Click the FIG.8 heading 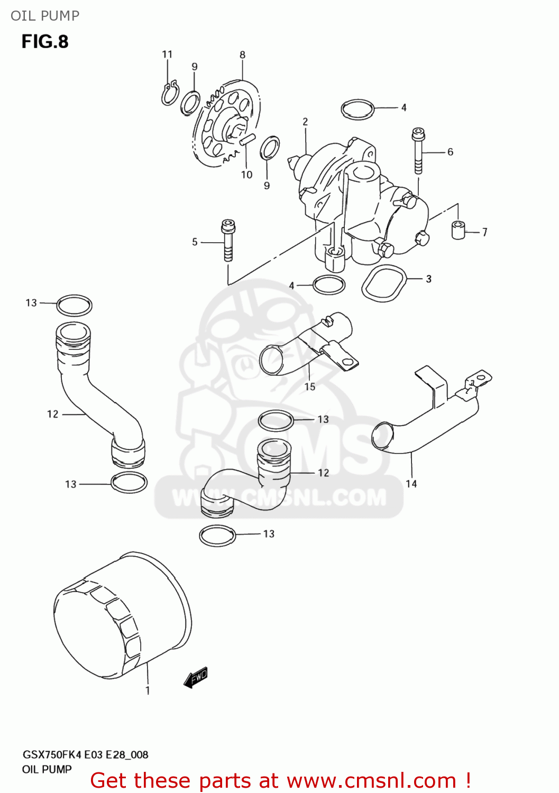coord(45,42)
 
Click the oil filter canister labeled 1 coord(122,616)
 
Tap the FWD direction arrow coord(196,677)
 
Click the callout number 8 coord(242,54)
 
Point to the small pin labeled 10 coord(247,140)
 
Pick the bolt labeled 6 coord(418,151)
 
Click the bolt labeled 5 coord(228,241)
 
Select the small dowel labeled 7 coord(458,230)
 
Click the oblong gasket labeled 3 coord(384,283)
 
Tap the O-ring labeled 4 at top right coord(358,109)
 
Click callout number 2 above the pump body coord(305,122)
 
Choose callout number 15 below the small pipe coord(310,387)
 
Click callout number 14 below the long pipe coord(411,484)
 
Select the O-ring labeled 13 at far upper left coord(74,306)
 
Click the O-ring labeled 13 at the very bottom coord(217,536)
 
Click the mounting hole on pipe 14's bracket coord(482,377)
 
